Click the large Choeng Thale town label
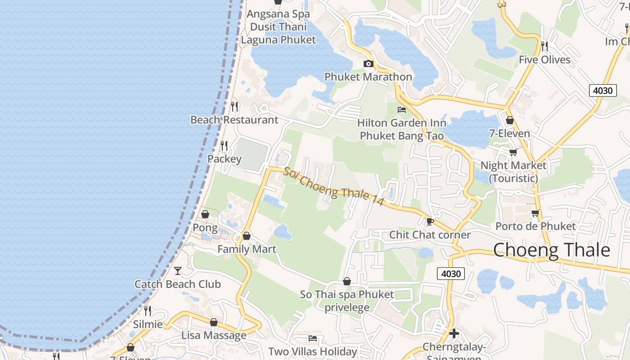[x=551, y=250]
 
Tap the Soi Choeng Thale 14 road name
[x=333, y=187]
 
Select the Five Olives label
[x=544, y=59]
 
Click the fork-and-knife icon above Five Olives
[x=544, y=46]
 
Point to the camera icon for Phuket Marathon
[x=368, y=63]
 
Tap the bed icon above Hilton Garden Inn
[x=401, y=109]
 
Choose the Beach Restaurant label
[x=234, y=120]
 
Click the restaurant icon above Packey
[x=224, y=145]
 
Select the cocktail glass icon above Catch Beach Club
[x=178, y=270]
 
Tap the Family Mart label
[x=247, y=249]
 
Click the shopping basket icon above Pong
[x=205, y=214]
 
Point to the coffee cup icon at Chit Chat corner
[x=430, y=221]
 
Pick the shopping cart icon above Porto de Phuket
[x=535, y=213]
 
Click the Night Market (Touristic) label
[x=513, y=171]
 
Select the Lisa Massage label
[x=214, y=335]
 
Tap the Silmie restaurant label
[x=148, y=324]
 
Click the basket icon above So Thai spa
[x=346, y=281]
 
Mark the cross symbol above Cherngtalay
[x=454, y=333]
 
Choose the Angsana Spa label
[x=279, y=14]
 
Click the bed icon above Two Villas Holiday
[x=313, y=338]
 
